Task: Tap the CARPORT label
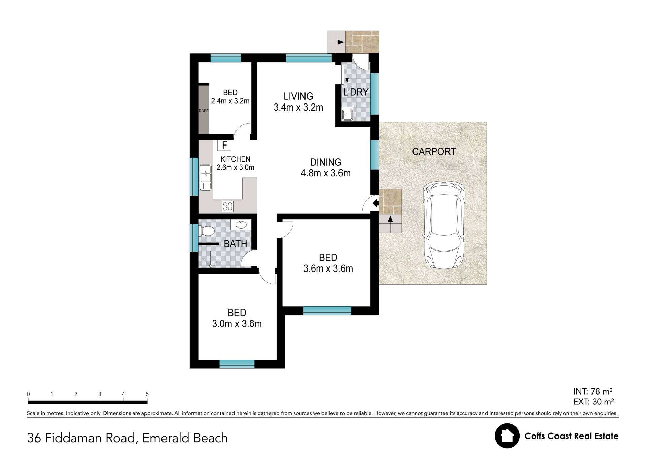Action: coord(434,152)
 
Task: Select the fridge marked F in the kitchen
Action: coord(224,145)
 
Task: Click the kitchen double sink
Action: coord(206,177)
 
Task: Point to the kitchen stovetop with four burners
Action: coord(228,206)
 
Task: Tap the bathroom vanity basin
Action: coord(241,224)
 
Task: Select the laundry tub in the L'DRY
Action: coord(348,114)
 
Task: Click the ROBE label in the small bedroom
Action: coord(204,111)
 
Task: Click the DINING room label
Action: coord(326,162)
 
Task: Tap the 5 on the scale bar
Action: coord(147,394)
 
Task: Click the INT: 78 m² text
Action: coord(593,391)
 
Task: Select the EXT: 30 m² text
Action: coord(594,402)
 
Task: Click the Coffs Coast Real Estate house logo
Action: coord(507,436)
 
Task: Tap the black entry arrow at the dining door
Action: coord(376,203)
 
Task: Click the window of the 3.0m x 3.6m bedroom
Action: coord(237,364)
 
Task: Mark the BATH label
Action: coord(236,244)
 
